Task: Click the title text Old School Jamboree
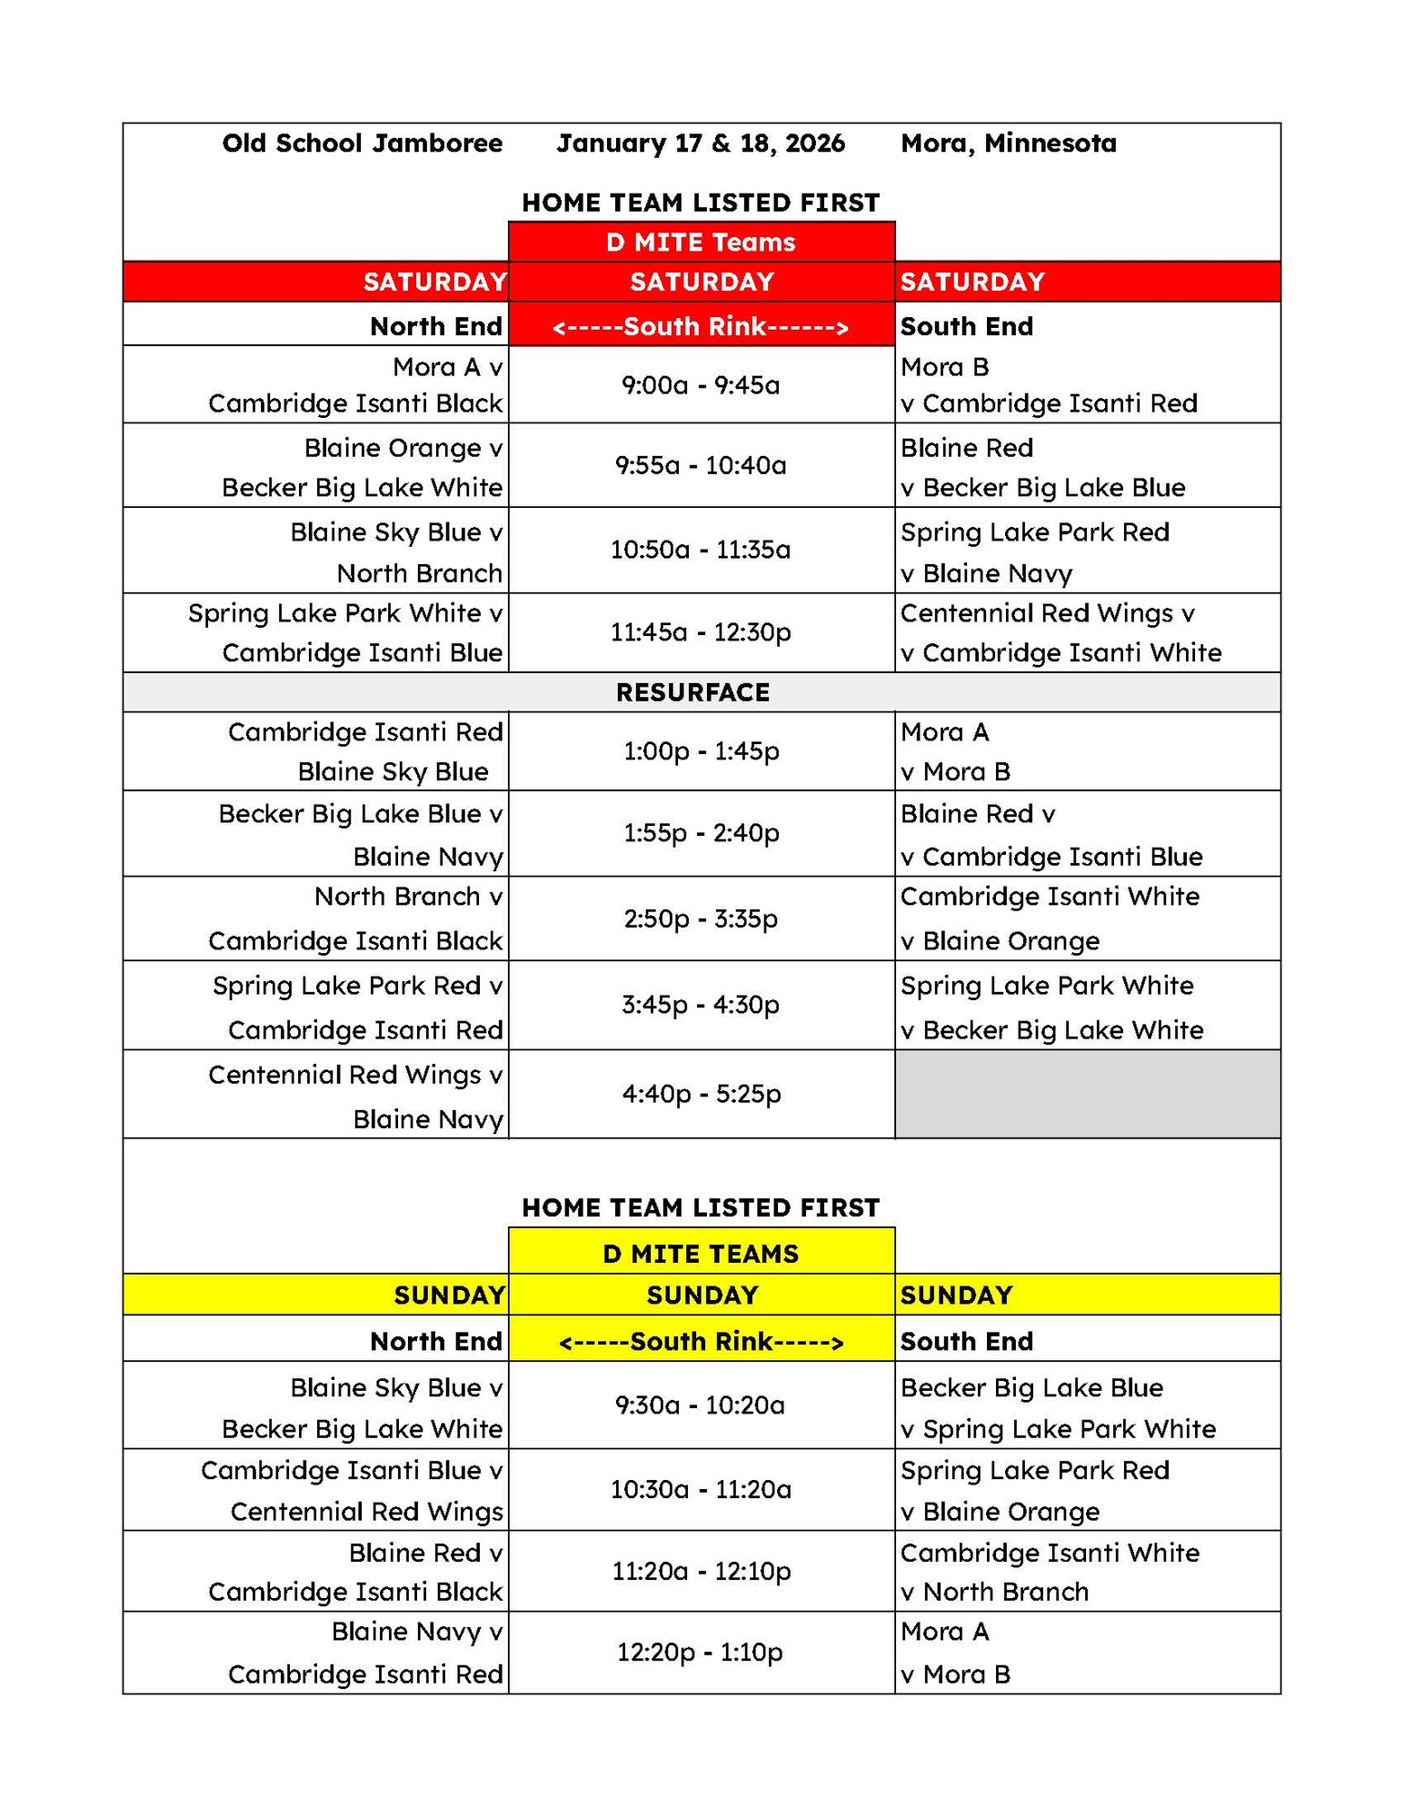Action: [362, 144]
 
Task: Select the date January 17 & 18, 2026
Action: [701, 144]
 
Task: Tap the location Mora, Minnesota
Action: [1008, 144]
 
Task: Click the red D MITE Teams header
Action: [701, 243]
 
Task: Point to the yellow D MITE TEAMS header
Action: [701, 1254]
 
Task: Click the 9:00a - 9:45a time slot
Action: [701, 385]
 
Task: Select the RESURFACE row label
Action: [692, 692]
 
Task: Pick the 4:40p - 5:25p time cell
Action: [701, 1094]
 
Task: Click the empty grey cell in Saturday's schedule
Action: [1087, 1094]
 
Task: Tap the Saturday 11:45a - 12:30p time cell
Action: [701, 632]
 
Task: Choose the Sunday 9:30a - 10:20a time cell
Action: [701, 1405]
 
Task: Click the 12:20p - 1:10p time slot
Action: [701, 1653]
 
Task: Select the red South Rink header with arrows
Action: [701, 326]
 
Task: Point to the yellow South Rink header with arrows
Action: [701, 1342]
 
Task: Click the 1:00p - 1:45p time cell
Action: [701, 751]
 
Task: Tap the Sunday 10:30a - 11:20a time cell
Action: [701, 1490]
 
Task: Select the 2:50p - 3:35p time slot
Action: [701, 918]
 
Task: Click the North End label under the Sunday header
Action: [436, 1342]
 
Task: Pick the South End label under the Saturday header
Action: [967, 326]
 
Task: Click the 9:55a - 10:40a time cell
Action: [701, 465]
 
